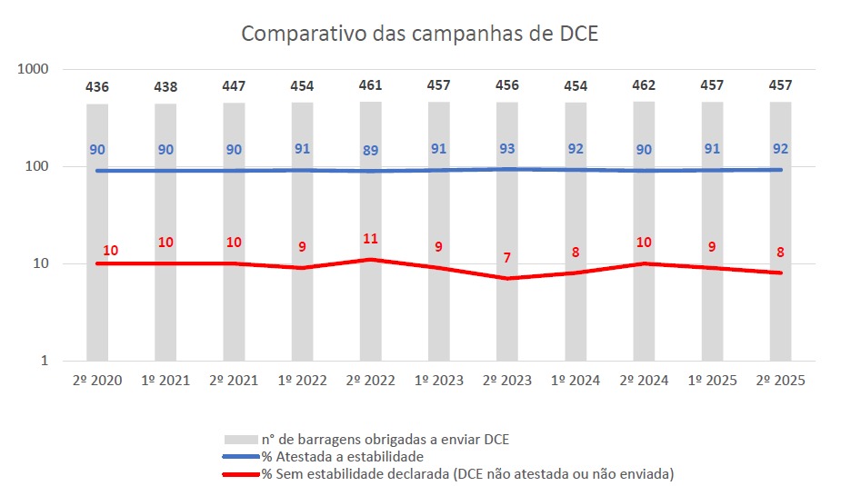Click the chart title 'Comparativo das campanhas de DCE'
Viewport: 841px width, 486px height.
click(x=419, y=34)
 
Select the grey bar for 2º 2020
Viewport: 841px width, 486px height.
click(x=97, y=309)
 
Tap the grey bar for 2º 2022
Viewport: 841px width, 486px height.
click(x=370, y=309)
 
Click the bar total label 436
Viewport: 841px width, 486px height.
click(x=97, y=87)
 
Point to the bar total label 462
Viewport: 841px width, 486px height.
click(x=644, y=85)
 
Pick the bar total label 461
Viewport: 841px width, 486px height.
click(x=370, y=85)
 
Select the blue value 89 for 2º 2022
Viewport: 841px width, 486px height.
click(x=370, y=151)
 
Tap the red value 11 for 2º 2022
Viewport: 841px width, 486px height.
click(x=370, y=239)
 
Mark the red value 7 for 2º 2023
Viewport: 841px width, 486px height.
click(x=507, y=258)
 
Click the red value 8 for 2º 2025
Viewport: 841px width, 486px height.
click(x=780, y=253)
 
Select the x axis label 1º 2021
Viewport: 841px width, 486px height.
click(x=165, y=381)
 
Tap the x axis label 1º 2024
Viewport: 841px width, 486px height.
click(x=576, y=381)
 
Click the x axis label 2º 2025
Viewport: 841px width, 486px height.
click(x=780, y=381)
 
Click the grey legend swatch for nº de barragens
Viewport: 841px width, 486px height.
click(x=241, y=440)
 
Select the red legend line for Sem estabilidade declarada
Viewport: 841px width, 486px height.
click(x=241, y=473)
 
